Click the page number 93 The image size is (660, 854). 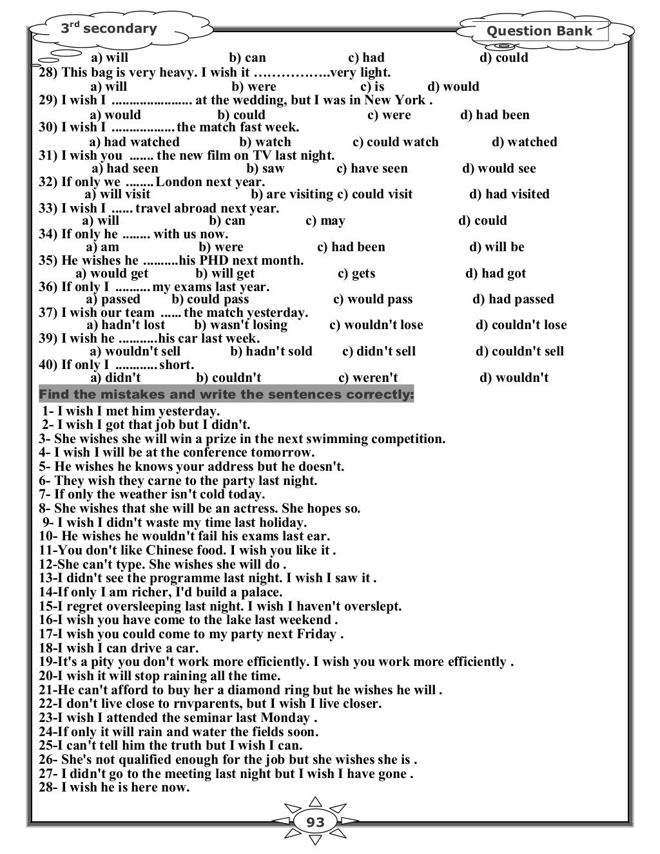point(315,822)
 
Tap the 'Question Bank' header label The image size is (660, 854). point(539,31)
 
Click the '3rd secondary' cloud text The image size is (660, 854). point(109,28)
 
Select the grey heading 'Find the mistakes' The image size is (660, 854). point(226,394)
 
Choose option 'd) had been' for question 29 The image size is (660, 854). point(494,115)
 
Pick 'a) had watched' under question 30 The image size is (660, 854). point(134,142)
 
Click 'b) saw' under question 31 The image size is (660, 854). point(265,168)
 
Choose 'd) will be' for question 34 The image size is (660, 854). point(496,247)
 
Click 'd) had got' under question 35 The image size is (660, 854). point(495,273)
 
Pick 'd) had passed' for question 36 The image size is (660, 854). point(512,299)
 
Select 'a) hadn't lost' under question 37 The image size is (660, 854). point(126,325)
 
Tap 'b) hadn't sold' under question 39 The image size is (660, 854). point(271,351)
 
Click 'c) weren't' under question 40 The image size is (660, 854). point(367,377)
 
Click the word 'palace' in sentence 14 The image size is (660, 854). point(260,592)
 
